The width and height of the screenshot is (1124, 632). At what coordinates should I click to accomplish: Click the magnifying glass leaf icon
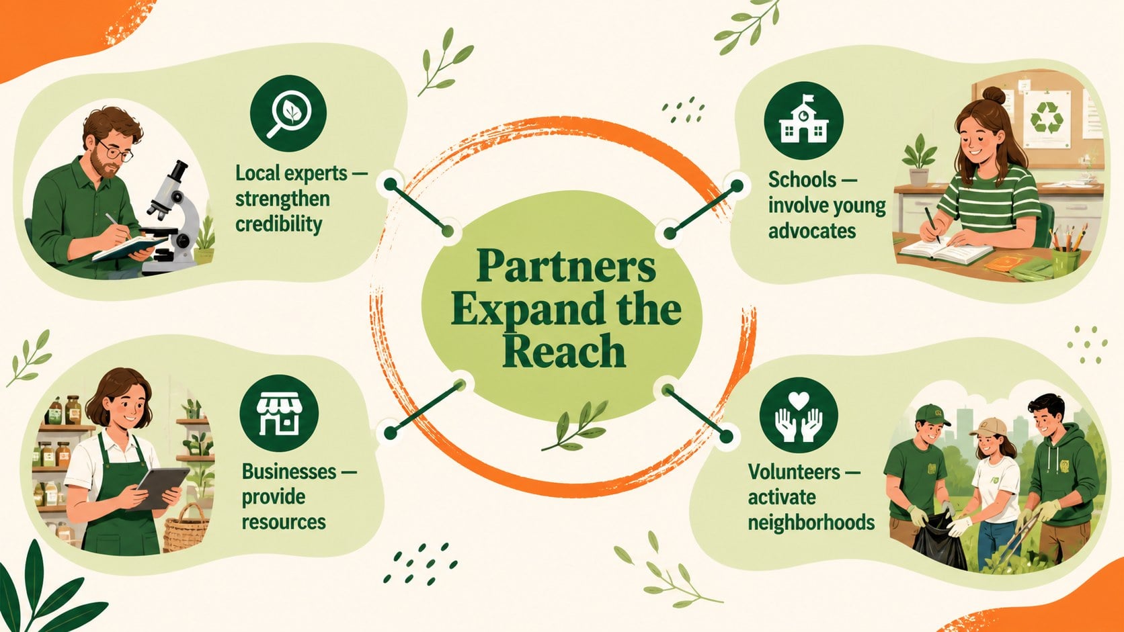click(x=288, y=114)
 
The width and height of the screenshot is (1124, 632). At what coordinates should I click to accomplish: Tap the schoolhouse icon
click(x=803, y=121)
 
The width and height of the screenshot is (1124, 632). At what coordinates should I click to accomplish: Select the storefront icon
click(x=279, y=414)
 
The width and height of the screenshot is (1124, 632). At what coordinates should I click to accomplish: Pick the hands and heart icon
click(x=799, y=416)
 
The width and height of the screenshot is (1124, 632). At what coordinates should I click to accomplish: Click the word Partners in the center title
click(x=566, y=266)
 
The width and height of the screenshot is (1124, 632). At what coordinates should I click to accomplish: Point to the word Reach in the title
click(x=564, y=351)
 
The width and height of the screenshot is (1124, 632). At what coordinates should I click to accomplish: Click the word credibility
click(x=278, y=224)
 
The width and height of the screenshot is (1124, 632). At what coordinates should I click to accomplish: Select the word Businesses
click(x=289, y=471)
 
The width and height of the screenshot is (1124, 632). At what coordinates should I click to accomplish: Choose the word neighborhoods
click(x=811, y=523)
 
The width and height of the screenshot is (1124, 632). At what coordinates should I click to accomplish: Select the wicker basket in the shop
click(x=186, y=529)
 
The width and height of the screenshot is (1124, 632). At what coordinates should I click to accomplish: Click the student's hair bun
click(x=994, y=95)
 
